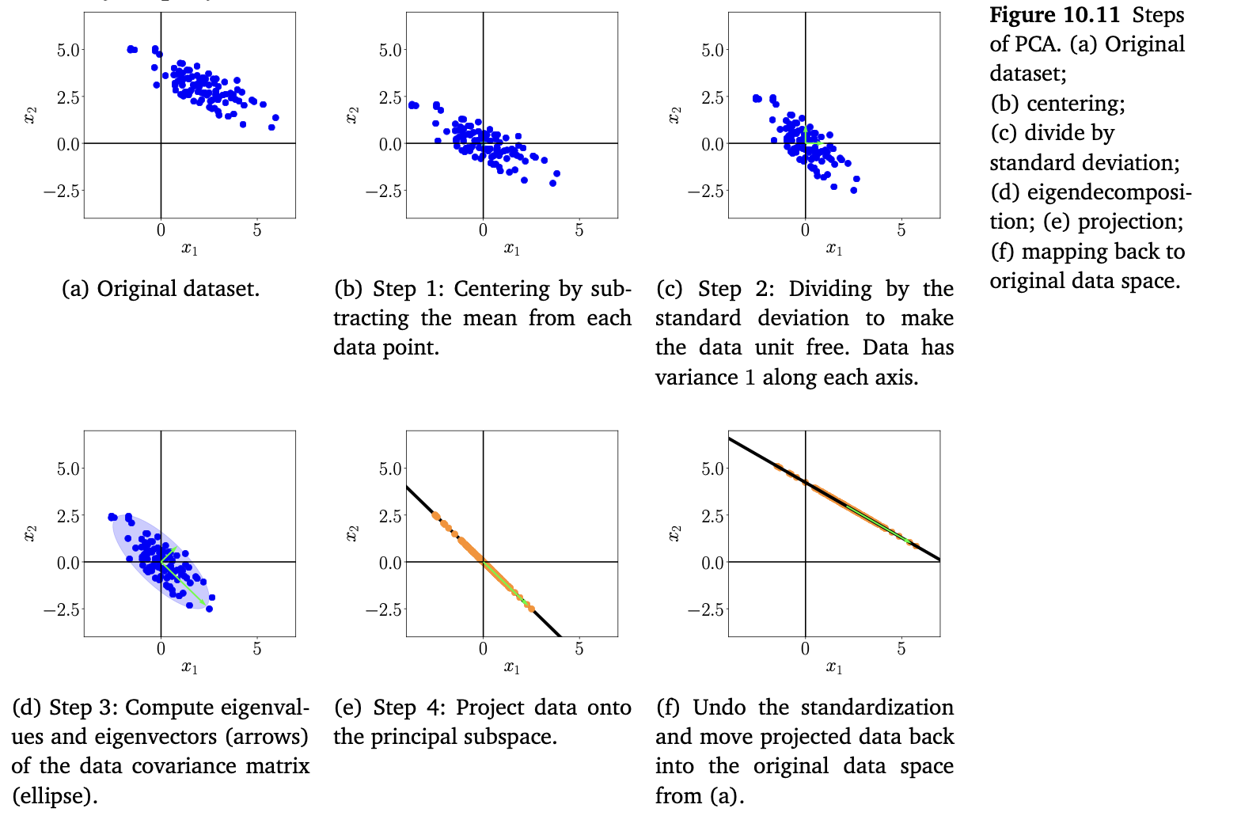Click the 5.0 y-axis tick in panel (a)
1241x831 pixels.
[68, 50]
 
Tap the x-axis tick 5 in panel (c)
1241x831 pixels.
[901, 230]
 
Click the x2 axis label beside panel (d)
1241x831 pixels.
[30, 533]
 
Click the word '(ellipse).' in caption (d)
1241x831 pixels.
[55, 795]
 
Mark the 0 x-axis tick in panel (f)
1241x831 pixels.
[805, 649]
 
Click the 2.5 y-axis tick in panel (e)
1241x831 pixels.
[390, 515]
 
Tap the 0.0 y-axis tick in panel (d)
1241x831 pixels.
[68, 563]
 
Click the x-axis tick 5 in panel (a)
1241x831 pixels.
[257, 230]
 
